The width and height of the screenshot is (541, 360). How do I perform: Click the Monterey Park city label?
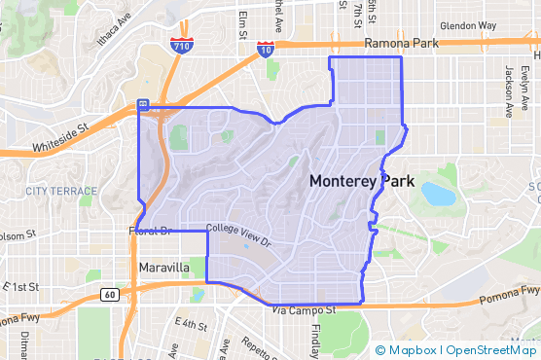[361, 181]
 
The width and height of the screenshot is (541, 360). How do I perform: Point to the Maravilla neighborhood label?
[163, 266]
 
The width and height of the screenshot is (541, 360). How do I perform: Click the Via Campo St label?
[304, 310]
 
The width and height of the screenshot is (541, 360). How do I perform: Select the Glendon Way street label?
[468, 25]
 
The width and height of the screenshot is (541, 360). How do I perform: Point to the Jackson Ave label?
[509, 91]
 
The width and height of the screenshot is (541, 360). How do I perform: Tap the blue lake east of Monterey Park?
[438, 194]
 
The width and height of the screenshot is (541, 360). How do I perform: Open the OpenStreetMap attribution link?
[490, 350]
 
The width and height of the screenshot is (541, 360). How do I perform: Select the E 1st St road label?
[19, 287]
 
